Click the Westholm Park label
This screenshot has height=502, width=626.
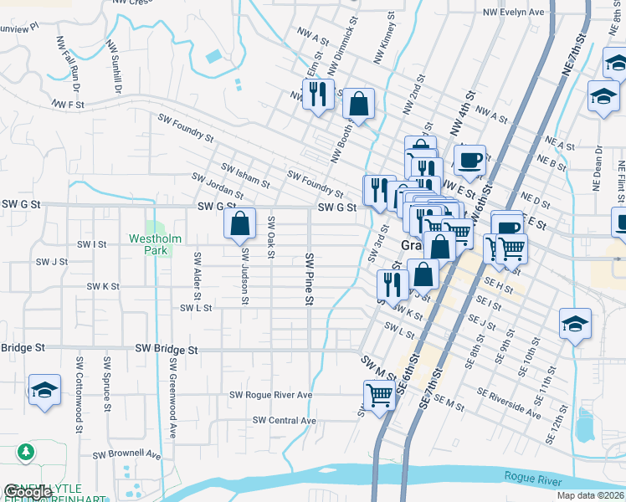154,243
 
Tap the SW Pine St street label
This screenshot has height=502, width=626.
309,279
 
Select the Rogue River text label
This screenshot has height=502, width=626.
533,476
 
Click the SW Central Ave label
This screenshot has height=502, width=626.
285,420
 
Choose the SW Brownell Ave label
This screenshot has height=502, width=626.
126,455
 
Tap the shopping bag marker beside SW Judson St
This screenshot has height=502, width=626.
239,224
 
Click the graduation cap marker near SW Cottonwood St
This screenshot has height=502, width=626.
44,391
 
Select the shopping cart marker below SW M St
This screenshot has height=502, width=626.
379,396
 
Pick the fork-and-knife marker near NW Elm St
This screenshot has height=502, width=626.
317,94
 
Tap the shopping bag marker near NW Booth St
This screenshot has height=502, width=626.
358,105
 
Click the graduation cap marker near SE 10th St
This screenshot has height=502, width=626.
575,325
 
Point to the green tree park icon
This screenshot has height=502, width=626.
27,453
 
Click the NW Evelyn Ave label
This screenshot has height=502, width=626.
513,13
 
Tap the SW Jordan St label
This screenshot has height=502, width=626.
217,186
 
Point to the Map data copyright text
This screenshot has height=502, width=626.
590,495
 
